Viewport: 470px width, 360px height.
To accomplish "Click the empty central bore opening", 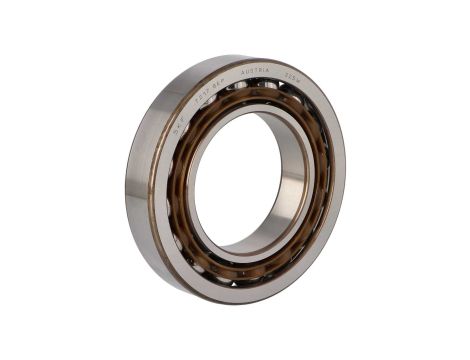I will [x=240, y=190].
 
